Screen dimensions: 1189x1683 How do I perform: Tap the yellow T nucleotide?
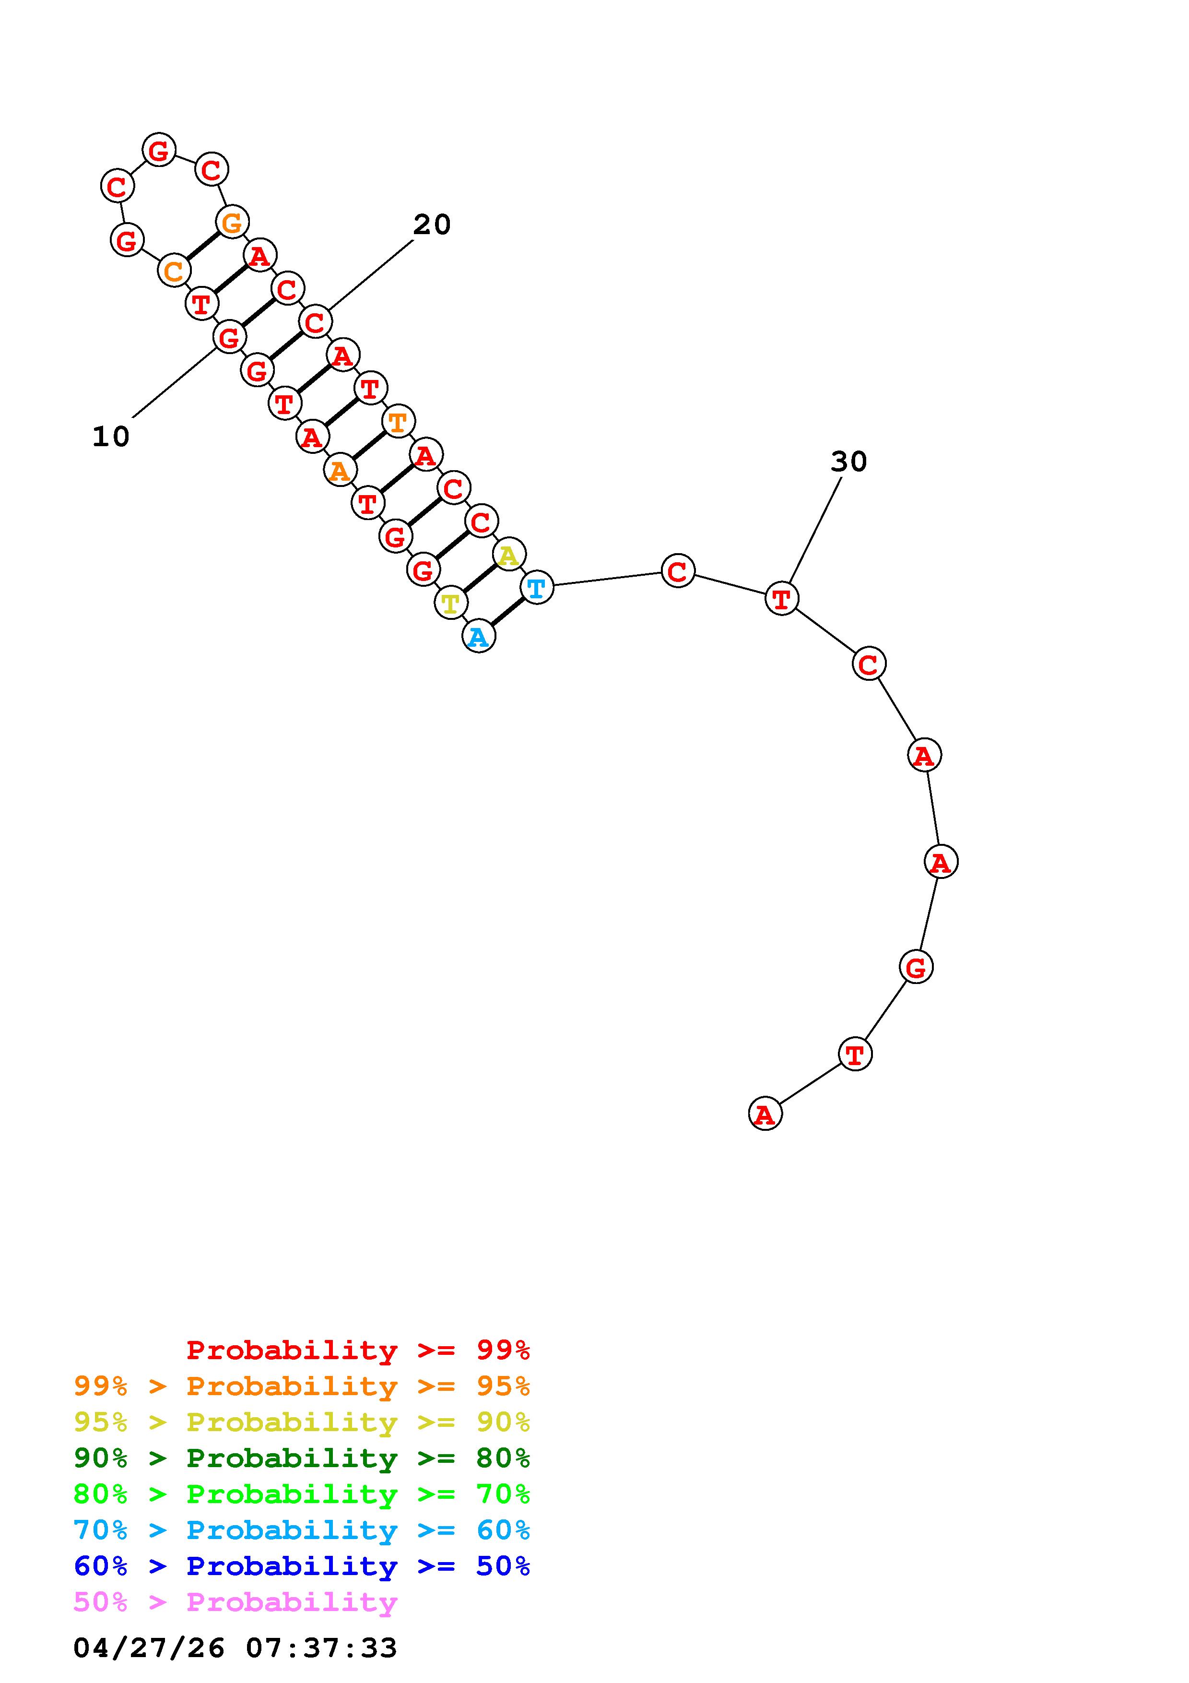[450, 603]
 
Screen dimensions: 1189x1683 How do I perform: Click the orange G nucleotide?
[232, 221]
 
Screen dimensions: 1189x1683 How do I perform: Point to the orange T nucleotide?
[398, 422]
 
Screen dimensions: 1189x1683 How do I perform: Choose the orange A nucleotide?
[339, 470]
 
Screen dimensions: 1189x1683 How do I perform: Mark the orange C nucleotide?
[174, 271]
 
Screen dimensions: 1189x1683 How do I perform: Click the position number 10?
[111, 437]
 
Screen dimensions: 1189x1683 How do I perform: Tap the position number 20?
[432, 225]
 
